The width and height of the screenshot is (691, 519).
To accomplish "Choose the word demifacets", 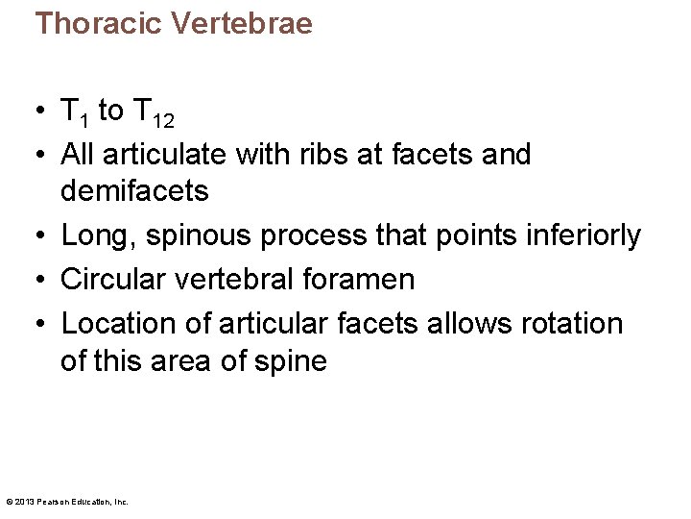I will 134,191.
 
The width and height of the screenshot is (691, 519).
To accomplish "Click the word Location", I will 121,324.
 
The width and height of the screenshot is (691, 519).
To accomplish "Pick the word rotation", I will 569,324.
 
